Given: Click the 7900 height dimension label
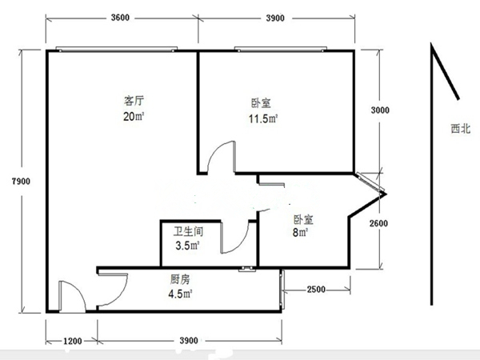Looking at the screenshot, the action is click(x=21, y=182).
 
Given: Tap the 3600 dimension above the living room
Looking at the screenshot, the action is click(x=120, y=18).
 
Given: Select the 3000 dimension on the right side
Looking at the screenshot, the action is click(x=380, y=110).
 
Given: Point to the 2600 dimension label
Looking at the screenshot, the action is click(x=378, y=223).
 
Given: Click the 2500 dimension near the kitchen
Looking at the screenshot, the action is click(x=316, y=290).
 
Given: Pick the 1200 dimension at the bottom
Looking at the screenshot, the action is click(x=73, y=341).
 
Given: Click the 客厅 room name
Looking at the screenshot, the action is click(x=134, y=101).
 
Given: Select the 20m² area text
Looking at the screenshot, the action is click(x=134, y=116).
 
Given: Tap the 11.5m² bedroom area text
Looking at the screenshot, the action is click(x=263, y=118).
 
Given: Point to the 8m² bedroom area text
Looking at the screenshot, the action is click(x=300, y=233).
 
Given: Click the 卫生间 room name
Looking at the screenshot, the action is click(x=188, y=231).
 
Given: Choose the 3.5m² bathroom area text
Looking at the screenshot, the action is click(x=187, y=246).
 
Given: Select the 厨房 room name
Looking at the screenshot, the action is click(x=180, y=279).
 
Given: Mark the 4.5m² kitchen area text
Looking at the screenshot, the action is click(x=180, y=294).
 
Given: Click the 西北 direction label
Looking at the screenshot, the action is click(x=461, y=129).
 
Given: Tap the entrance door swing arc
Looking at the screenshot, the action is click(x=79, y=291).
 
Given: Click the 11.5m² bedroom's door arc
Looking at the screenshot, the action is click(x=214, y=150).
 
